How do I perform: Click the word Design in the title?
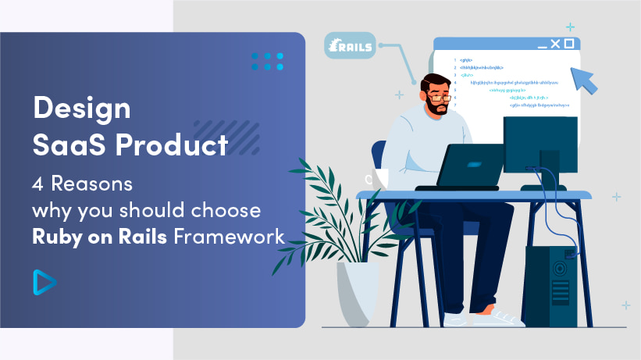tap(81, 109)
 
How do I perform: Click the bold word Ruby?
tap(59, 237)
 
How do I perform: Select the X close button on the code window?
tap(554, 44)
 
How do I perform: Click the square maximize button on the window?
tap(569, 44)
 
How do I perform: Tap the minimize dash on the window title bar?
tap(538, 45)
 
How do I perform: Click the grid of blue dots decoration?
tap(267, 62)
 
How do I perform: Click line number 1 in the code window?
tap(455, 60)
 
